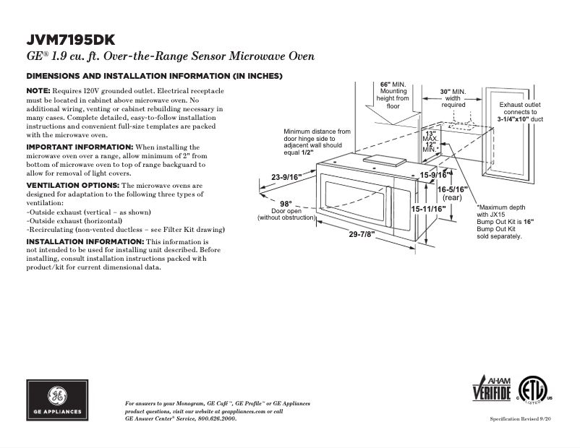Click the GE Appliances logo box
point(57,400)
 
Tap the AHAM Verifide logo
point(492,390)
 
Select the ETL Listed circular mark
point(533,391)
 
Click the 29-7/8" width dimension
point(363,234)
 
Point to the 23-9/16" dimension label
point(286,177)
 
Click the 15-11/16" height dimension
point(428,208)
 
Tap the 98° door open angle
point(286,203)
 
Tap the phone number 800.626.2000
point(216,418)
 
